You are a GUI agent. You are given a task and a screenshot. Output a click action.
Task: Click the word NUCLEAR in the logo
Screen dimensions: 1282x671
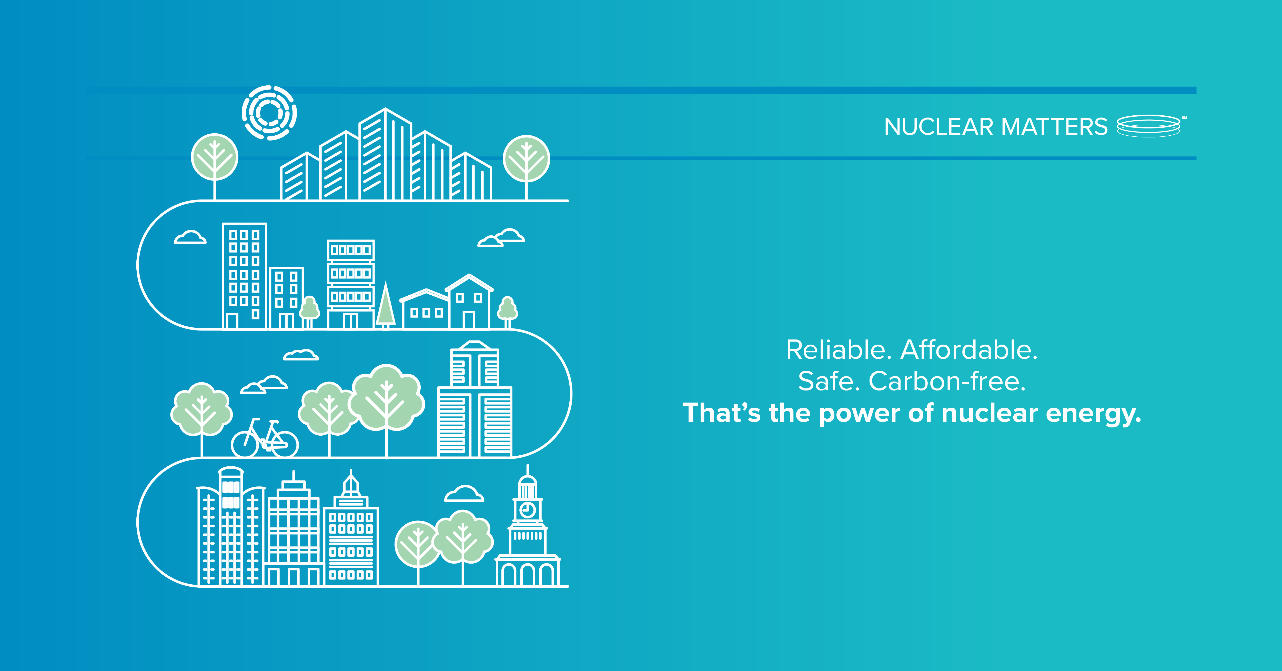(x=938, y=127)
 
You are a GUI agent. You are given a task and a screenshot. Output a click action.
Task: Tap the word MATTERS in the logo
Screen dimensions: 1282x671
(x=1054, y=127)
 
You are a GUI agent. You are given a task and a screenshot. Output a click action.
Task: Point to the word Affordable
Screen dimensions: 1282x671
(x=969, y=350)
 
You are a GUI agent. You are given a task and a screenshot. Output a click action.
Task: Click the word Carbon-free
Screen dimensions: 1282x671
(x=947, y=382)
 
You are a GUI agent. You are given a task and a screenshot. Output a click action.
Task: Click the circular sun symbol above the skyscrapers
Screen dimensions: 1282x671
(x=269, y=113)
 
